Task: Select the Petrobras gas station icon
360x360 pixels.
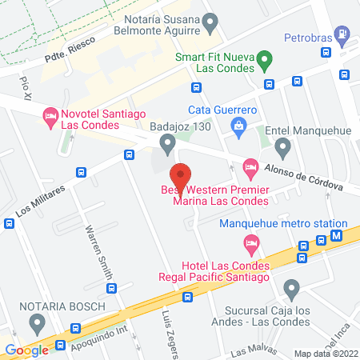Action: (342, 35)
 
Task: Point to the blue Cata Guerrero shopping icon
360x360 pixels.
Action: (238, 125)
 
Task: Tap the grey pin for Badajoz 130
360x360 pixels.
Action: (167, 144)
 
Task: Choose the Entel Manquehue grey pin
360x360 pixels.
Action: (282, 146)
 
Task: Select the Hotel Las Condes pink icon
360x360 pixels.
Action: (251, 241)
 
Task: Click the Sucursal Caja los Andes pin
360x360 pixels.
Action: (291, 288)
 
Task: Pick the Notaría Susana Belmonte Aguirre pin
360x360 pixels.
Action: (210, 22)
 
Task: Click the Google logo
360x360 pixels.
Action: (26, 350)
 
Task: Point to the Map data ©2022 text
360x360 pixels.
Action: (324, 353)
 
